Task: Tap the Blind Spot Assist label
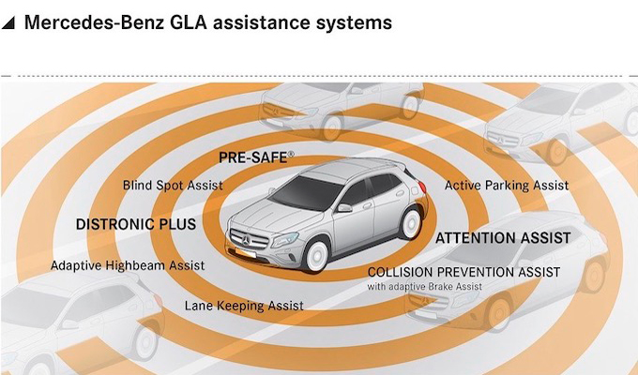coord(173,186)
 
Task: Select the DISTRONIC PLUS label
coord(136,225)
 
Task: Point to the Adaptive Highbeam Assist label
coord(128,266)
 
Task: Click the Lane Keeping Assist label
coord(244,306)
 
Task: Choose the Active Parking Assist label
coord(507,186)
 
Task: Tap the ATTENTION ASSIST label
coord(503,239)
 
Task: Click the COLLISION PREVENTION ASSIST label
coord(463,272)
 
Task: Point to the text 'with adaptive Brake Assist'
coord(424,286)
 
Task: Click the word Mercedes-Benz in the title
coord(95,22)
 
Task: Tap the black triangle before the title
coord(8,23)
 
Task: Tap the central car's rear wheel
coord(410,223)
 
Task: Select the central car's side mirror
coord(344,207)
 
